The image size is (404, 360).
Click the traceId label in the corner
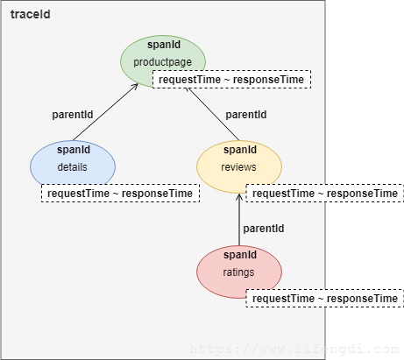pos(31,14)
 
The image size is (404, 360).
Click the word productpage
pos(163,62)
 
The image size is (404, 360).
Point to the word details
pos(72,167)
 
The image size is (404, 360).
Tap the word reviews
pos(238,167)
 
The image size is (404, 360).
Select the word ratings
pos(238,272)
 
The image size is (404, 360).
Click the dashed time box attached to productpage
pos(231,79)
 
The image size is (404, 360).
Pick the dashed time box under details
pos(120,193)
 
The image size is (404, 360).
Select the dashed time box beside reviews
pos(325,193)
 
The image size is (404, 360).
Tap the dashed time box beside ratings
pos(325,298)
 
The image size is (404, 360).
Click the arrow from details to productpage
pos(105,112)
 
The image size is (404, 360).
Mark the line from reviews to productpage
pos(213,114)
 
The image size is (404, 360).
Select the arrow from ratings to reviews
pos(239,220)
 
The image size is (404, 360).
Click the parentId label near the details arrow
pos(73,115)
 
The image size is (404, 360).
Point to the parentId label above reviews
pos(246,115)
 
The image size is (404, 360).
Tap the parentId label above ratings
pos(264,229)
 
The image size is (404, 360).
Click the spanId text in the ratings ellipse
pos(240,255)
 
